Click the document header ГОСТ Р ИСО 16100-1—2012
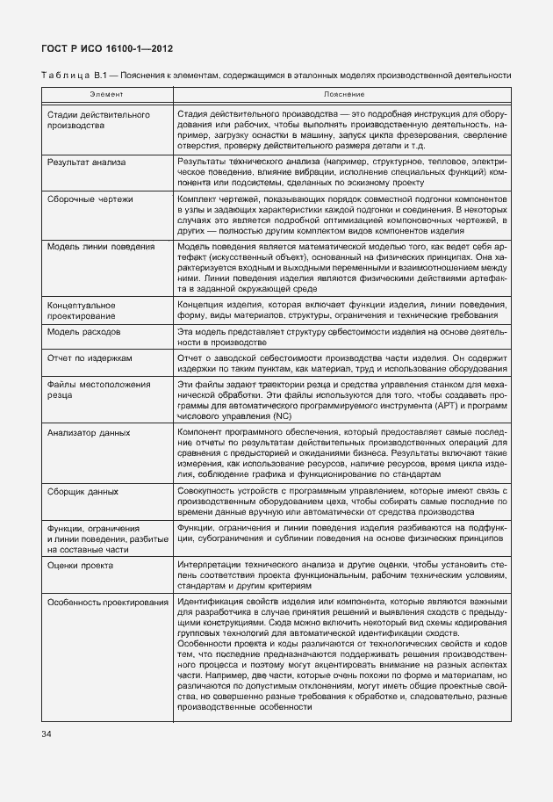pyautogui.click(x=96, y=49)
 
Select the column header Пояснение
pyautogui.click(x=338, y=94)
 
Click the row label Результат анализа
pyautogui.click(x=87, y=163)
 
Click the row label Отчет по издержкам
pyautogui.click(x=90, y=358)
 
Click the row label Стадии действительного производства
pyautogui.click(x=92, y=120)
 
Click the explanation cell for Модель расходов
pyautogui.click(x=341, y=339)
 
